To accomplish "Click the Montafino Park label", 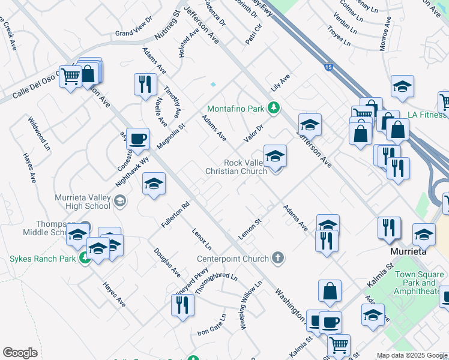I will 235,109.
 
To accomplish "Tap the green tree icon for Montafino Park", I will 273,108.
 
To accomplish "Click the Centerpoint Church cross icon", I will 277,259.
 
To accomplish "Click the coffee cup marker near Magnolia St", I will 137,140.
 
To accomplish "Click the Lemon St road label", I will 250,230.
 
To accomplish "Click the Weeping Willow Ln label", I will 252,305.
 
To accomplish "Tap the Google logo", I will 20,353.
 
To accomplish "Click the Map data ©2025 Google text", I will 412,356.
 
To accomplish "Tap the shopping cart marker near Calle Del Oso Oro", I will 70,77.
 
